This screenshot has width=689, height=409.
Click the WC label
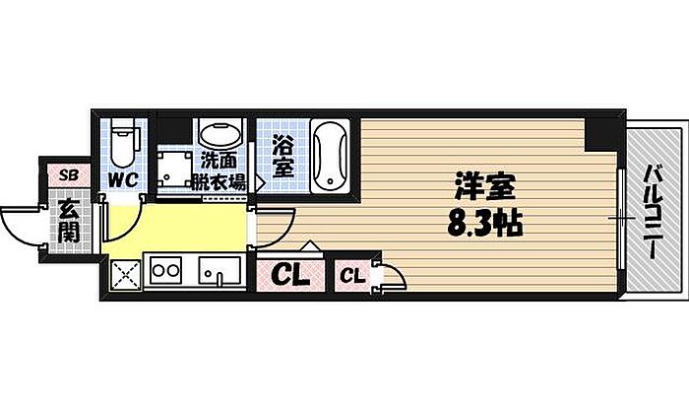tap(122, 180)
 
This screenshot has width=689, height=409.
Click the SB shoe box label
tap(68, 174)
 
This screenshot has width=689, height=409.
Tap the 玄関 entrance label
tap(68, 220)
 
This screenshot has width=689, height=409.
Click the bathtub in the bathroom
tap(328, 156)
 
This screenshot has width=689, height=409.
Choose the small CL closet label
tap(351, 276)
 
